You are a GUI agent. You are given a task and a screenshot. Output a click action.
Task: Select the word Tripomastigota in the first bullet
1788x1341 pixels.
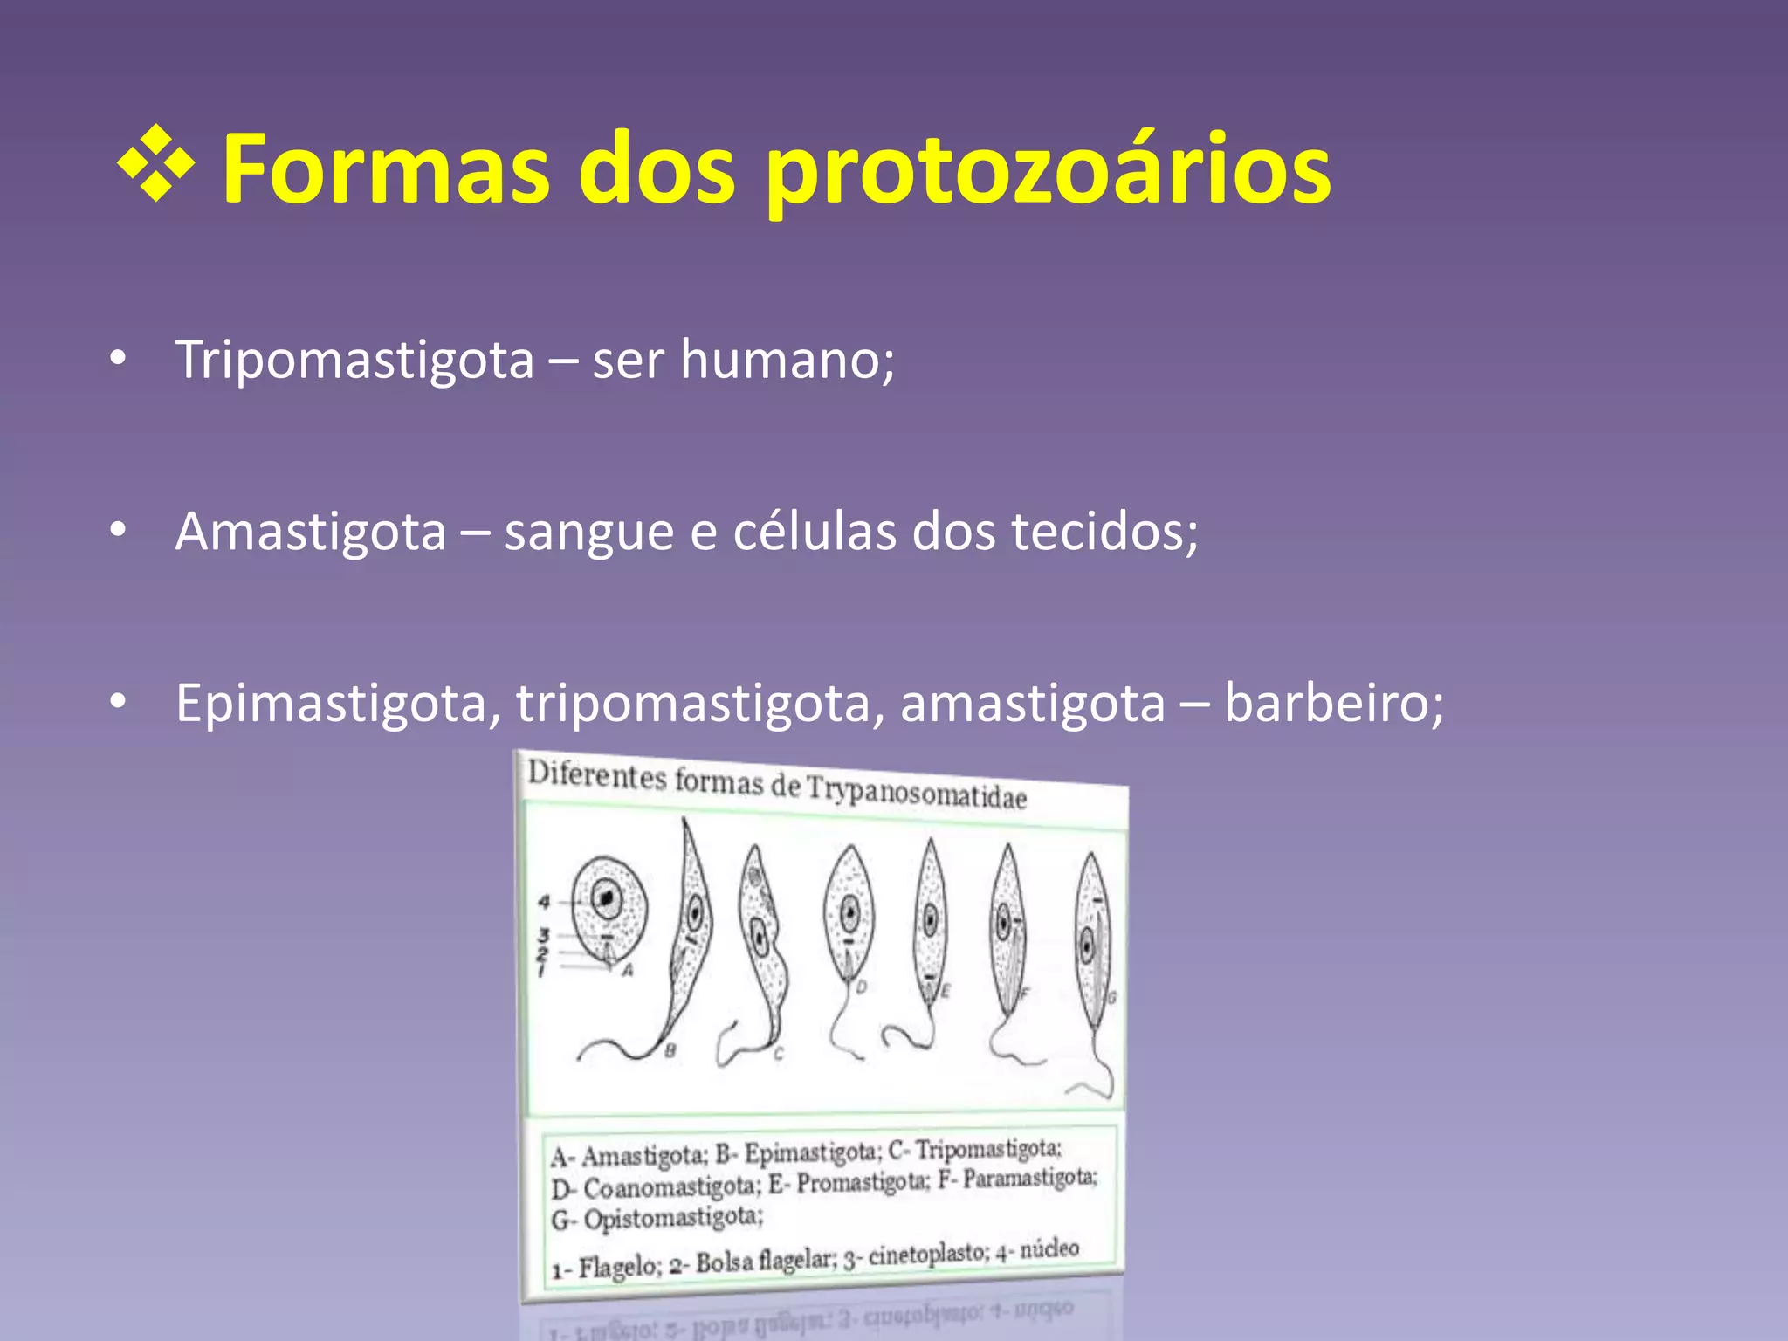pos(354,360)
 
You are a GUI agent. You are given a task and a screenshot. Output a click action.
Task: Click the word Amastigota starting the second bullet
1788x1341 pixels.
pos(311,531)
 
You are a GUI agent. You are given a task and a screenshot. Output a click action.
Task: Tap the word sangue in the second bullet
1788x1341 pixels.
pos(588,533)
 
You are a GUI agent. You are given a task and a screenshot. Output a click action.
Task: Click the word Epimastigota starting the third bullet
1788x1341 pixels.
pos(331,703)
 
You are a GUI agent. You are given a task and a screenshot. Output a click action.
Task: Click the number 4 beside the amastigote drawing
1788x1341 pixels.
pos(543,902)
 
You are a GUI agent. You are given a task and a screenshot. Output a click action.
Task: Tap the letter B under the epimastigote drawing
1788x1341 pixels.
pos(670,1050)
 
